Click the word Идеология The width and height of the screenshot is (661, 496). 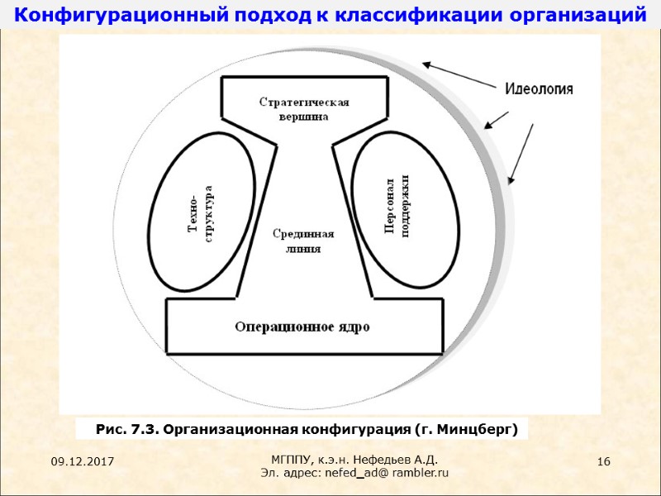(539, 88)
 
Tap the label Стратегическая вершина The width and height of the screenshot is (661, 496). (303, 109)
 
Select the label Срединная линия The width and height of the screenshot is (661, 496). (303, 241)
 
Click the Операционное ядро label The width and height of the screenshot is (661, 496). (302, 326)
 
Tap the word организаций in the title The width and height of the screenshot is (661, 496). (582, 14)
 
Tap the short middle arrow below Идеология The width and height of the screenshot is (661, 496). (497, 121)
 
